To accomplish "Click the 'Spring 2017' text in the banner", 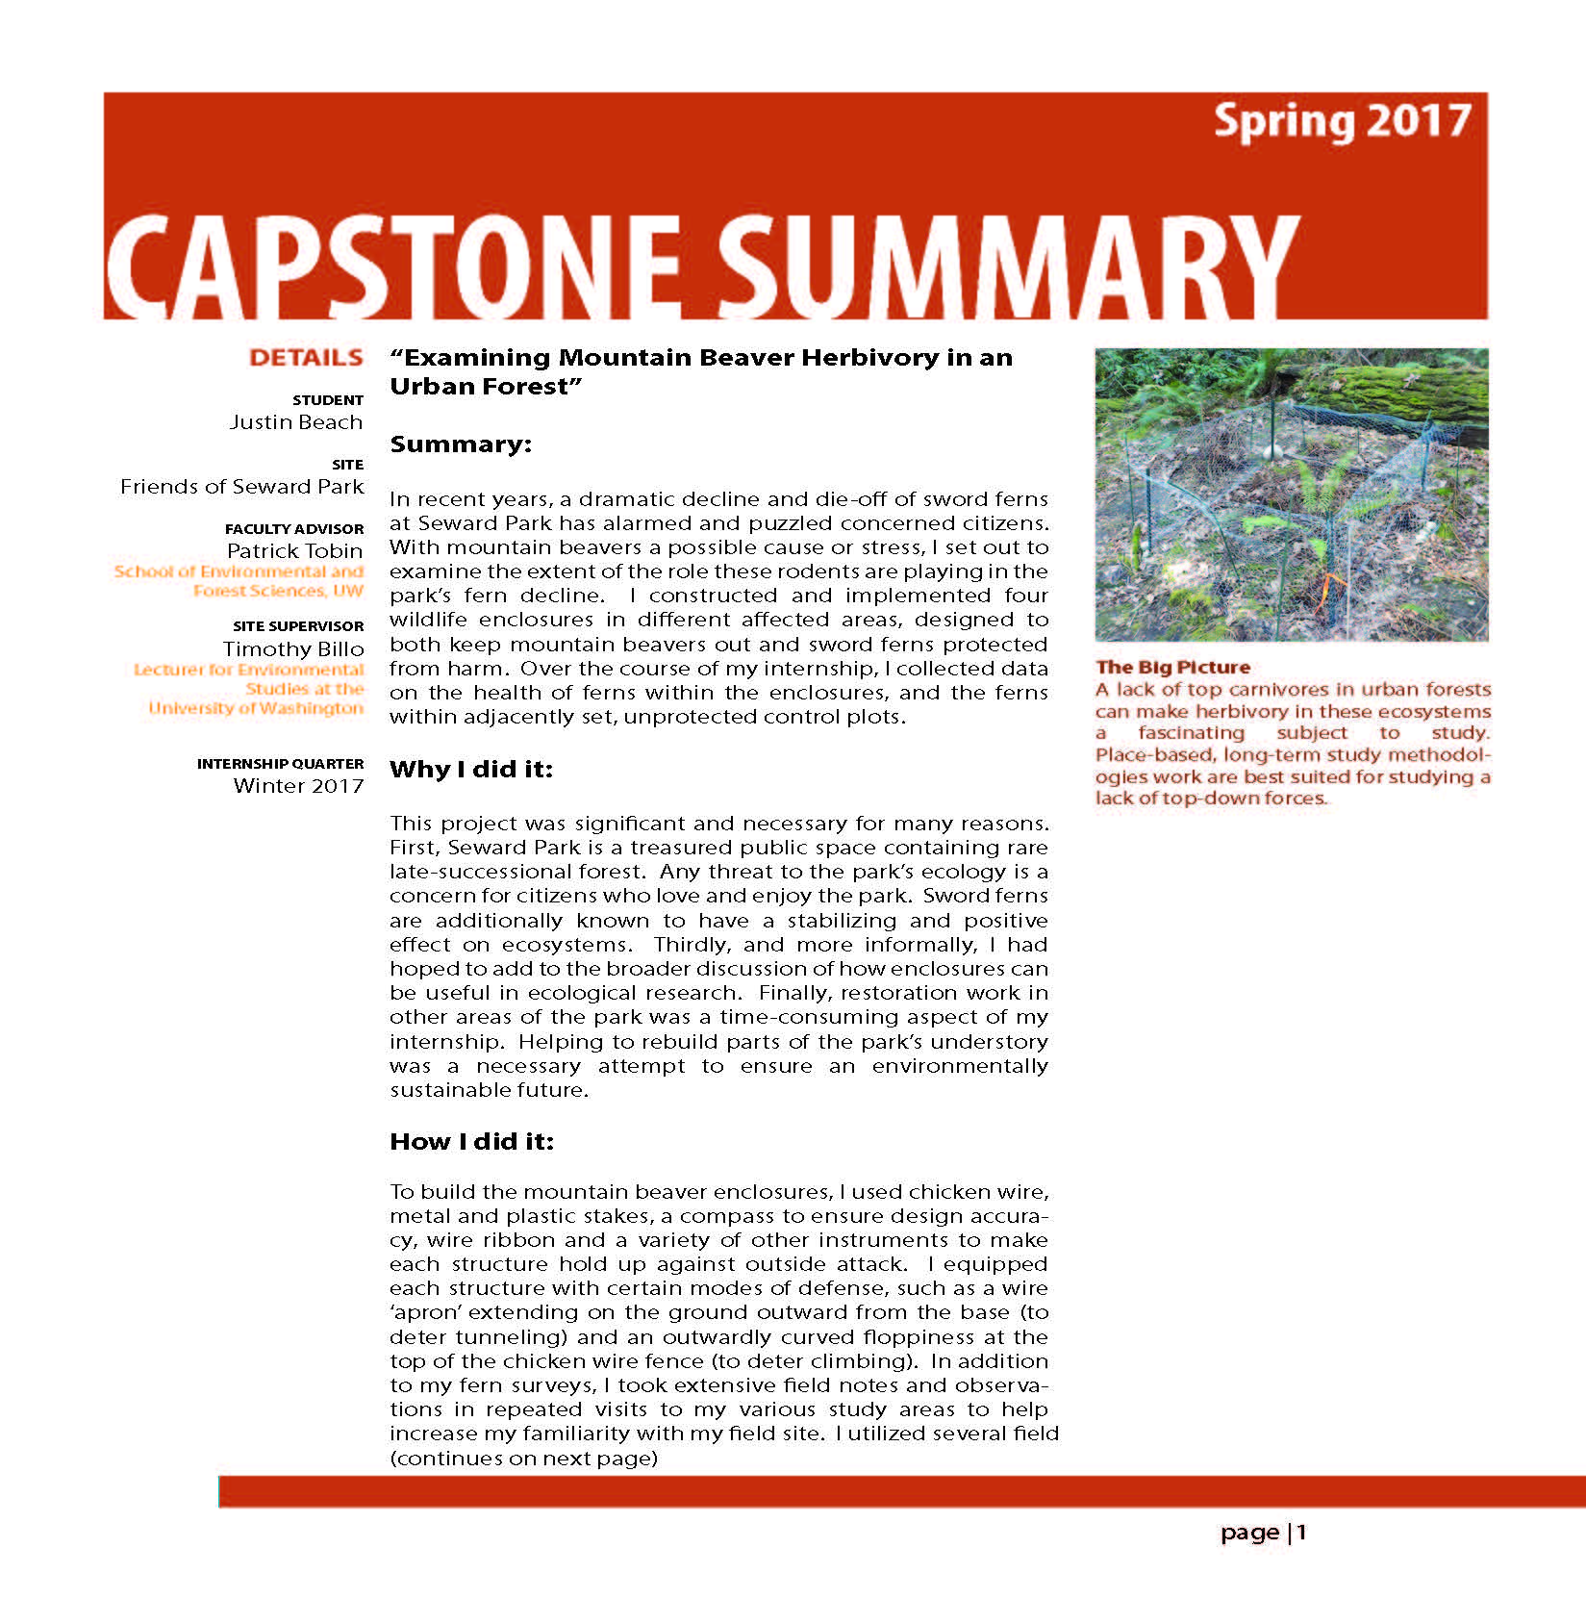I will [x=1342, y=122].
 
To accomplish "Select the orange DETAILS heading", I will [x=306, y=358].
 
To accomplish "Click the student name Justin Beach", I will [x=296, y=422].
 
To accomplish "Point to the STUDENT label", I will [x=328, y=400].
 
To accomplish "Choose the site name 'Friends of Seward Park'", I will [x=241, y=487].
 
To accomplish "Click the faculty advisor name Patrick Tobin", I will [x=294, y=551].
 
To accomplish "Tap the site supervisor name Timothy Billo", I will [x=293, y=649].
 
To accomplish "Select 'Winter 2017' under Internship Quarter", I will [x=298, y=786].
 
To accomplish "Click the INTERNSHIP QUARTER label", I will [x=280, y=764].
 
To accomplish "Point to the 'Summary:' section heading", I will [x=461, y=444].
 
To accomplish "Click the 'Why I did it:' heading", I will [x=471, y=770].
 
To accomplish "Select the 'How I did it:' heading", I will [x=471, y=1142].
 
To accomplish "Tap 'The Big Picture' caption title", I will [x=1172, y=668].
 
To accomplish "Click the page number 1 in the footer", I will [x=1301, y=1533].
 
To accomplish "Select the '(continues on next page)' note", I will [x=523, y=1459].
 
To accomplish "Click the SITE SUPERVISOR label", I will [x=298, y=626].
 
